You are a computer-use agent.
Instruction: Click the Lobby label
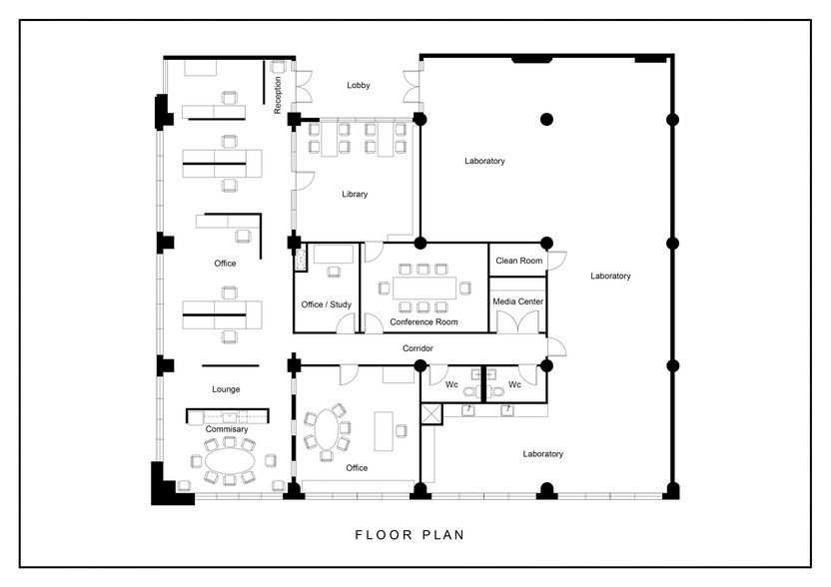tap(359, 86)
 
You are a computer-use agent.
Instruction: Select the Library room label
tap(354, 195)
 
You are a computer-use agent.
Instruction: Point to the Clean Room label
tap(518, 261)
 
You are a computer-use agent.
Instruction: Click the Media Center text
tap(518, 300)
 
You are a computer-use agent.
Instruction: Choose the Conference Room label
tap(423, 322)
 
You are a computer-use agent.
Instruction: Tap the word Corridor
tap(418, 348)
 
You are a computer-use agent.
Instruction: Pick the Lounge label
tap(226, 389)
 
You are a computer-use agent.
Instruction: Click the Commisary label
tap(226, 429)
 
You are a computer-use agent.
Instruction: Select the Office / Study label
tap(326, 304)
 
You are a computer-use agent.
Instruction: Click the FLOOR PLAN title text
tap(410, 534)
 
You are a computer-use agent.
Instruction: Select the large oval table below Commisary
tap(230, 461)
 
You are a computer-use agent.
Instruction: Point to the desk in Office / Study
tap(332, 255)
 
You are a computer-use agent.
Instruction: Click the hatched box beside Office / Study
tap(300, 258)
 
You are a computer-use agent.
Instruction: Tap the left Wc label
tap(451, 384)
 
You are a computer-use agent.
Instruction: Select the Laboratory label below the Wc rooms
tap(542, 454)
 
